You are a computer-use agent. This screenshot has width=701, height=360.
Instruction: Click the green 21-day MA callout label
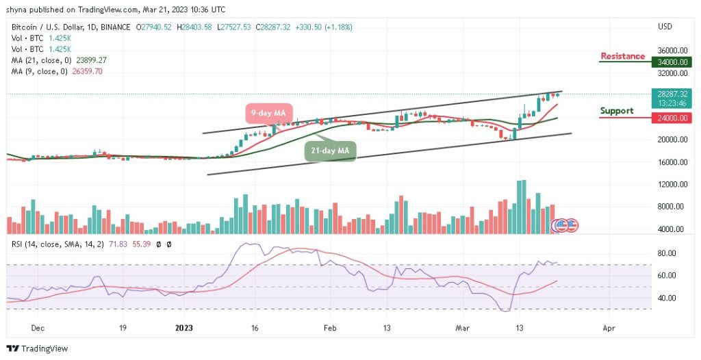[x=331, y=151]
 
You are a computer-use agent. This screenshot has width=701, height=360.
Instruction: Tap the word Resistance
[x=622, y=56]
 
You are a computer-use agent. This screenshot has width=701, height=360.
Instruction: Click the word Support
[x=617, y=111]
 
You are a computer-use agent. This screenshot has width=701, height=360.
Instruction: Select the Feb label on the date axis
[x=330, y=328]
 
